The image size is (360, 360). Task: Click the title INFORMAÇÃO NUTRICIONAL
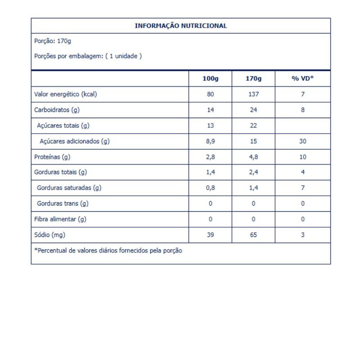click(x=181, y=26)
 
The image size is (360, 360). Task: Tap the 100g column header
click(x=210, y=78)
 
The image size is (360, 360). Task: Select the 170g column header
click(x=253, y=78)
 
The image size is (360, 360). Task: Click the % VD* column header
click(x=303, y=78)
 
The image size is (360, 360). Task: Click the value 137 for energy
click(x=253, y=94)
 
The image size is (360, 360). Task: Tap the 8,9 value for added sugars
click(x=210, y=141)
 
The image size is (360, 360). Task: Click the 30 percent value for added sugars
click(x=303, y=141)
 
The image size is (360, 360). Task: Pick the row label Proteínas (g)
click(x=52, y=157)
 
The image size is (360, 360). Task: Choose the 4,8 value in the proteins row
click(x=253, y=157)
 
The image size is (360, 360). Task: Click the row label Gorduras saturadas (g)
click(x=69, y=188)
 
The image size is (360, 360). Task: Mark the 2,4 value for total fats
click(x=253, y=172)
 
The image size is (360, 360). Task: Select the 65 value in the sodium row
click(x=253, y=235)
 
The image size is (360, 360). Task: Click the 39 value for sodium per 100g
click(x=210, y=235)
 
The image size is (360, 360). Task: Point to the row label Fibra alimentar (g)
click(x=60, y=219)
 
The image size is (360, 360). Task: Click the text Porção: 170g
click(x=53, y=41)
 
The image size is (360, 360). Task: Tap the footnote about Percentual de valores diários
click(x=108, y=250)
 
